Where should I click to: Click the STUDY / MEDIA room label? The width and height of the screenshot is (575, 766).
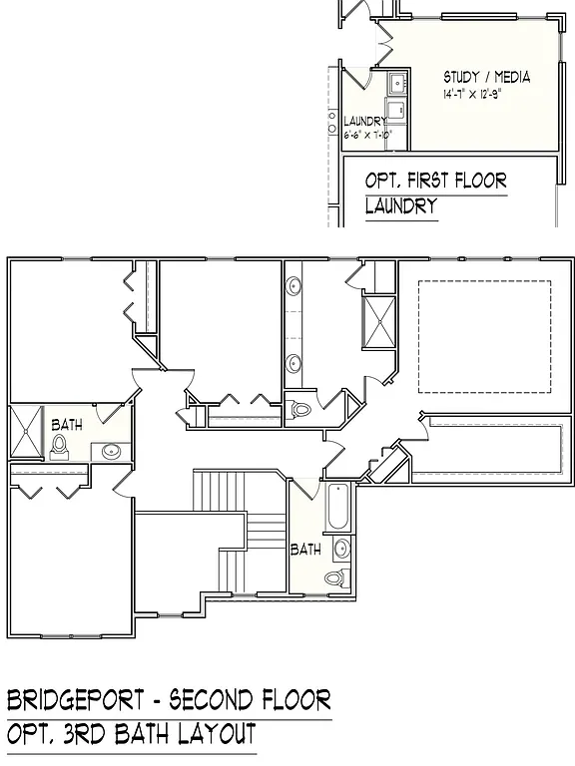point(486,77)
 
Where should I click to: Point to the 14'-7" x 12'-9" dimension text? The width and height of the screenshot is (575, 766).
point(485,95)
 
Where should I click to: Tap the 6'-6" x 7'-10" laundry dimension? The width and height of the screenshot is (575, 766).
point(368,134)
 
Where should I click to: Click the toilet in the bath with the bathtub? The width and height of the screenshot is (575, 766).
point(334,576)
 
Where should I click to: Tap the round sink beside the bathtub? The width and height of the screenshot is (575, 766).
point(341,548)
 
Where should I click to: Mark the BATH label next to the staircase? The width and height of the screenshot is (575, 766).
point(305,549)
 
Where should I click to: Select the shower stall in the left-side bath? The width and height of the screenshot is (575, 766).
point(27,431)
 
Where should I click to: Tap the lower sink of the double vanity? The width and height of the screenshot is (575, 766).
point(295,364)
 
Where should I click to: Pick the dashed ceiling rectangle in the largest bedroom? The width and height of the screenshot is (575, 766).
point(484,336)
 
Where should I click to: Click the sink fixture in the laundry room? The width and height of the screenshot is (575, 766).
point(394,82)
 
